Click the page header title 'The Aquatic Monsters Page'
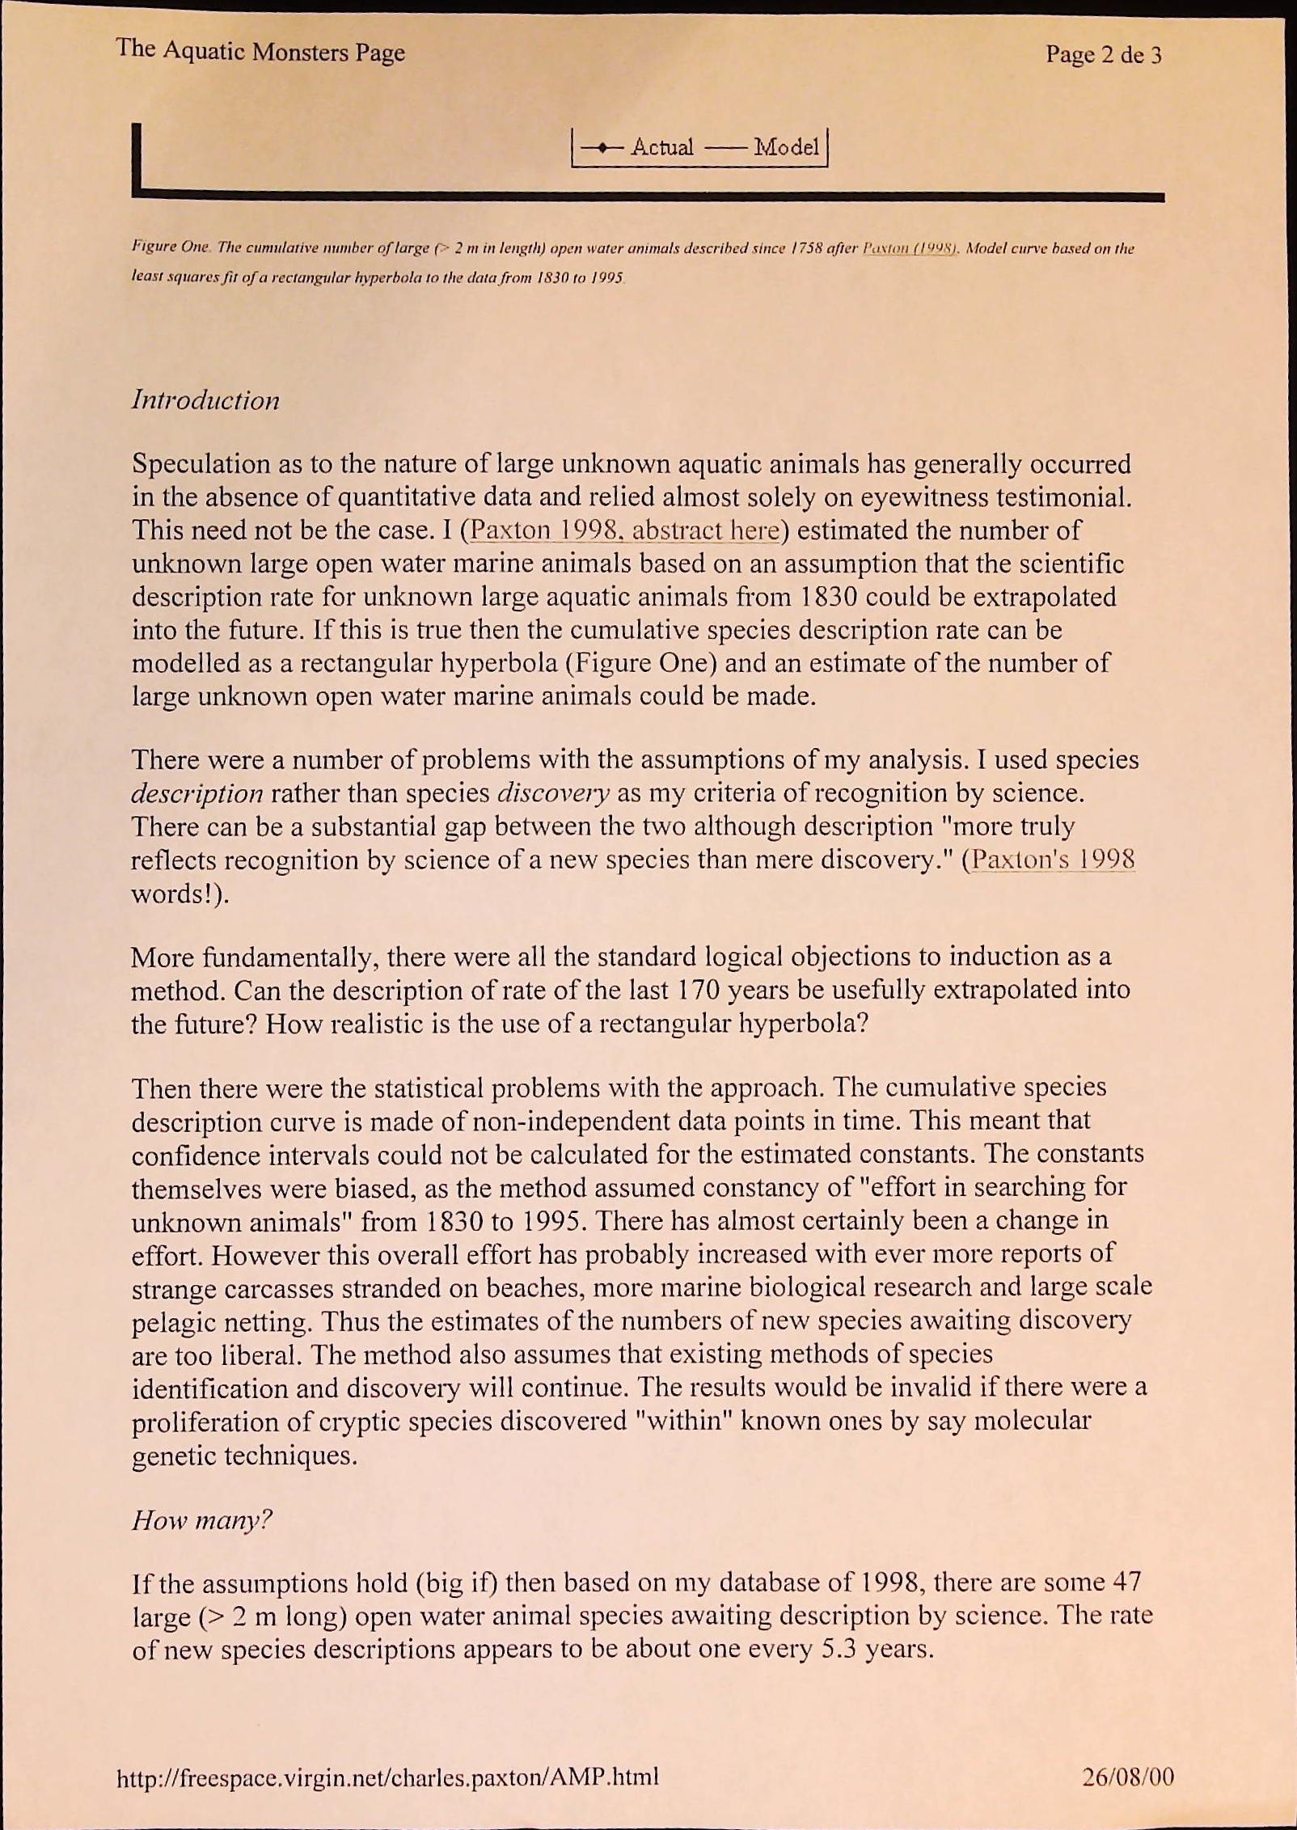point(260,52)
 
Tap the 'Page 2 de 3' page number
point(1103,55)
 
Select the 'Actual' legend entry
point(661,147)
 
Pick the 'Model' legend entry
point(786,147)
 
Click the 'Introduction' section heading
point(205,400)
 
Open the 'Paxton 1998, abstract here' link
point(625,530)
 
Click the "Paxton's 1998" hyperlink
point(1053,859)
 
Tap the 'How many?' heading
point(201,1520)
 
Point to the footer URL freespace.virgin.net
point(387,1777)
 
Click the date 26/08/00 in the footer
point(1127,1777)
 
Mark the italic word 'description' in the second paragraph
point(196,793)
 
